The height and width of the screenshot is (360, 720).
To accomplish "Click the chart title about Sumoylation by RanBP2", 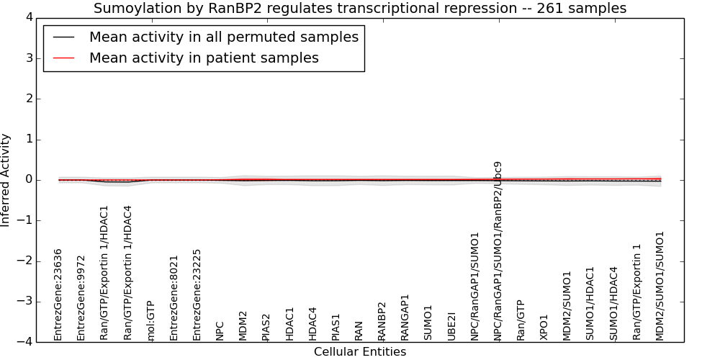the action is (x=360, y=8).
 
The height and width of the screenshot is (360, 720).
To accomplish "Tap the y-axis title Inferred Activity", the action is (x=5, y=180).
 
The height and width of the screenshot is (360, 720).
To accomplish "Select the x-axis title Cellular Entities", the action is (x=360, y=352).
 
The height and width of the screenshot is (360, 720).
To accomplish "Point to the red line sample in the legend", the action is (x=64, y=58).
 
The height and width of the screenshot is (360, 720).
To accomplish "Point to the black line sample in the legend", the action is (x=64, y=37).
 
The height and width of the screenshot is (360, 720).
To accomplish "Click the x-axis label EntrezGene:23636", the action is (x=58, y=294).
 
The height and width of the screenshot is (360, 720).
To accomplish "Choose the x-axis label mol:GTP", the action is (x=150, y=321).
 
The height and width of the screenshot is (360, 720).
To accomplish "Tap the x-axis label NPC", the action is (x=220, y=330).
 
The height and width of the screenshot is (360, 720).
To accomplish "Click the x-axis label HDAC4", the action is (x=312, y=324).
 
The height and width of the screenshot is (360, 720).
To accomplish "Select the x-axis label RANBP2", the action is (x=382, y=321).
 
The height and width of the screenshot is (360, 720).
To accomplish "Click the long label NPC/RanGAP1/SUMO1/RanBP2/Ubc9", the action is (x=498, y=251).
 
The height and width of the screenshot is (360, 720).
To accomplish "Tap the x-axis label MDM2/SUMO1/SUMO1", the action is (x=660, y=286).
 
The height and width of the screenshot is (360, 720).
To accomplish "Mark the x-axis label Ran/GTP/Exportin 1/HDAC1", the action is (x=104, y=273).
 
